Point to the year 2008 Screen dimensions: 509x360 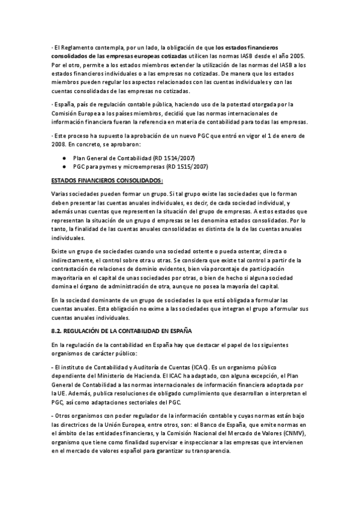pyautogui.click(x=59, y=145)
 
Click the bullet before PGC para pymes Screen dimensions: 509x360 pyautogui.click(x=64, y=166)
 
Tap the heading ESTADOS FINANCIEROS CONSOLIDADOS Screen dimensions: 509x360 pyautogui.click(x=107, y=180)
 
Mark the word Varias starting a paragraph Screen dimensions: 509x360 pyautogui.click(x=62, y=194)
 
